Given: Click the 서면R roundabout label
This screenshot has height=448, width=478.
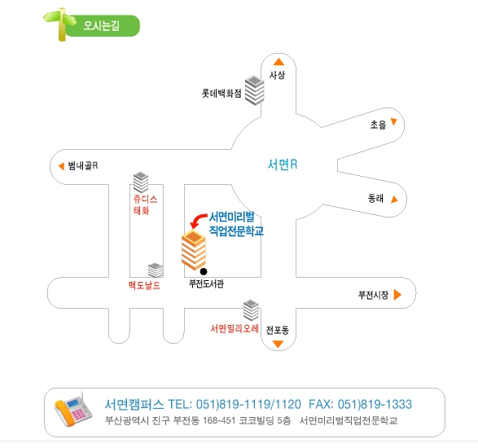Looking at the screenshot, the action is click(x=283, y=165).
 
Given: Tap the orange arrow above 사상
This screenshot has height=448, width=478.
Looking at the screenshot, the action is click(x=278, y=62).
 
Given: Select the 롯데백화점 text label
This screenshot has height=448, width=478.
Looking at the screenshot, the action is click(x=221, y=93).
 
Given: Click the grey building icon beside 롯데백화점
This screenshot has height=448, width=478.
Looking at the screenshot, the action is click(x=255, y=90).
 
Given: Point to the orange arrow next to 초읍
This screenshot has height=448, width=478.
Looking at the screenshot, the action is click(x=394, y=121).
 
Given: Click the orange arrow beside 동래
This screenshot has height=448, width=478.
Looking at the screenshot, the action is click(x=394, y=200).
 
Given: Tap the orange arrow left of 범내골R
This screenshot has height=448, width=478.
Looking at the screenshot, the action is click(x=61, y=166).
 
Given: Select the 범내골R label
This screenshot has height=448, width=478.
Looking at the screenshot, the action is click(x=83, y=165).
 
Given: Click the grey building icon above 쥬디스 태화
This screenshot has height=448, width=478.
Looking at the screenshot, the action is click(x=141, y=182).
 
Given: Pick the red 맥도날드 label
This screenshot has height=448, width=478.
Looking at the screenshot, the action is click(x=144, y=285).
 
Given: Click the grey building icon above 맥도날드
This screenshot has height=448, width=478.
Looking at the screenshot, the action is click(x=156, y=270).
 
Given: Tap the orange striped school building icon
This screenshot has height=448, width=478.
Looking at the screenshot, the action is click(x=194, y=250).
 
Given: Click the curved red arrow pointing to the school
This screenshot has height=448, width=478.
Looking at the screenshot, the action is click(x=198, y=220).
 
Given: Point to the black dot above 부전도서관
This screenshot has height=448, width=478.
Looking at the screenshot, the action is click(x=204, y=271).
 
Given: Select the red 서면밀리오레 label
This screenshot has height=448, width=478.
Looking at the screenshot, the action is click(x=235, y=328).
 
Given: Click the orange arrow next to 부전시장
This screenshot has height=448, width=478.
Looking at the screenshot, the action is click(x=397, y=295).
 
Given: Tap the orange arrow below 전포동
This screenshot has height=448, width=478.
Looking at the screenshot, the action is click(x=278, y=344).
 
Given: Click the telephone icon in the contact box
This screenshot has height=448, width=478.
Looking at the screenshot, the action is click(x=73, y=409).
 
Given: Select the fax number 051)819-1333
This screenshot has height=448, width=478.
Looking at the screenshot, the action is click(x=375, y=404).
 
